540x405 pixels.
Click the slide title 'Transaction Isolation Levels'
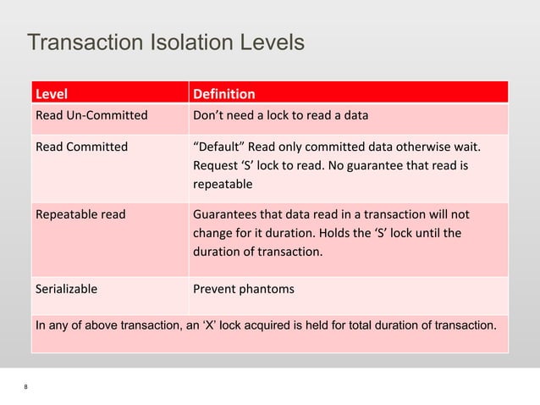(165, 42)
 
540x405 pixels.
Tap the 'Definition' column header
(224, 92)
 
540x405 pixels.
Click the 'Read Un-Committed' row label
(91, 115)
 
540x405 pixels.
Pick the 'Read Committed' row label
(81, 147)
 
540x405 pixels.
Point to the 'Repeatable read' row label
(80, 214)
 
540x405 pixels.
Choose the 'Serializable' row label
(66, 289)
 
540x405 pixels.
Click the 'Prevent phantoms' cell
(244, 289)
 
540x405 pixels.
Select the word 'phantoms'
(266, 289)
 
